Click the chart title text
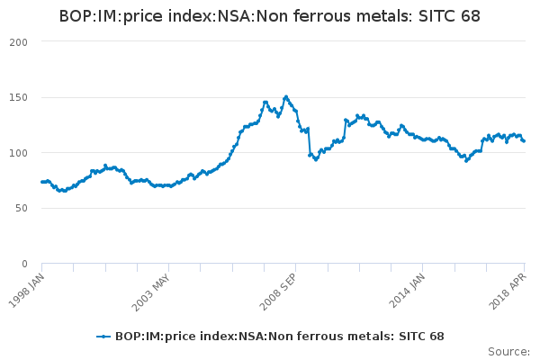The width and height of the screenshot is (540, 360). click(269, 16)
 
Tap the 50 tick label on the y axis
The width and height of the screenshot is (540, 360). click(22, 208)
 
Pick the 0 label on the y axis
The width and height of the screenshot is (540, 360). click(25, 264)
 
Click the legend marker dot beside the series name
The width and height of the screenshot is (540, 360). click(104, 337)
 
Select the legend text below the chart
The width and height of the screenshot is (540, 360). click(279, 337)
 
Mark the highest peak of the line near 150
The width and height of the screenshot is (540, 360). click(286, 96)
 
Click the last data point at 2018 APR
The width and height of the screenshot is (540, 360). click(524, 141)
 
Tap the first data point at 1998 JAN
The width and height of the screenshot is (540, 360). click(41, 182)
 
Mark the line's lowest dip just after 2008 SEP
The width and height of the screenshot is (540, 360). click(315, 159)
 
